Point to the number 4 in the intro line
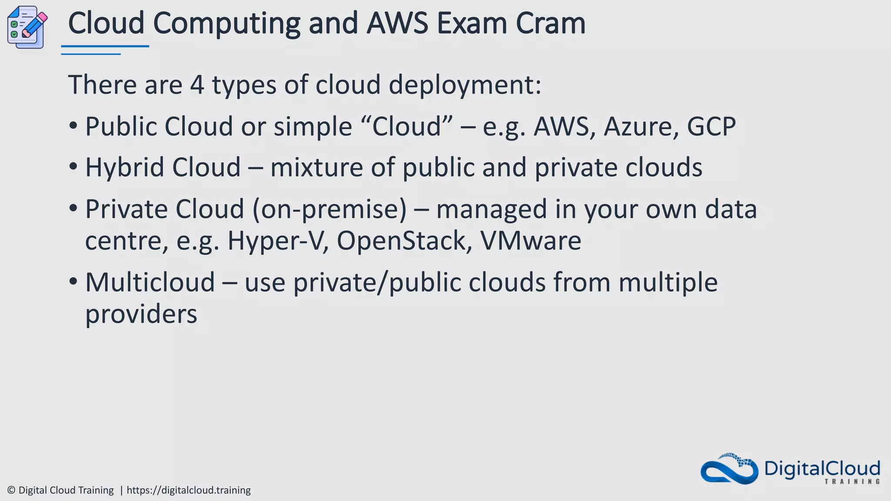tap(197, 84)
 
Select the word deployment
tap(465, 84)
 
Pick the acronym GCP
tap(711, 127)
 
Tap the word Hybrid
tap(125, 167)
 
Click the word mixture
tap(316, 167)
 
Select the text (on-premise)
tap(329, 209)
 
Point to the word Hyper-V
tap(277, 240)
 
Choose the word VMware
tap(530, 240)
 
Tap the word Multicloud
tap(150, 282)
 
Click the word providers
tap(141, 314)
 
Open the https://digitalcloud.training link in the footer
tap(188, 490)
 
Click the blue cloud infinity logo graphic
tap(729, 469)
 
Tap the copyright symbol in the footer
tap(11, 490)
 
